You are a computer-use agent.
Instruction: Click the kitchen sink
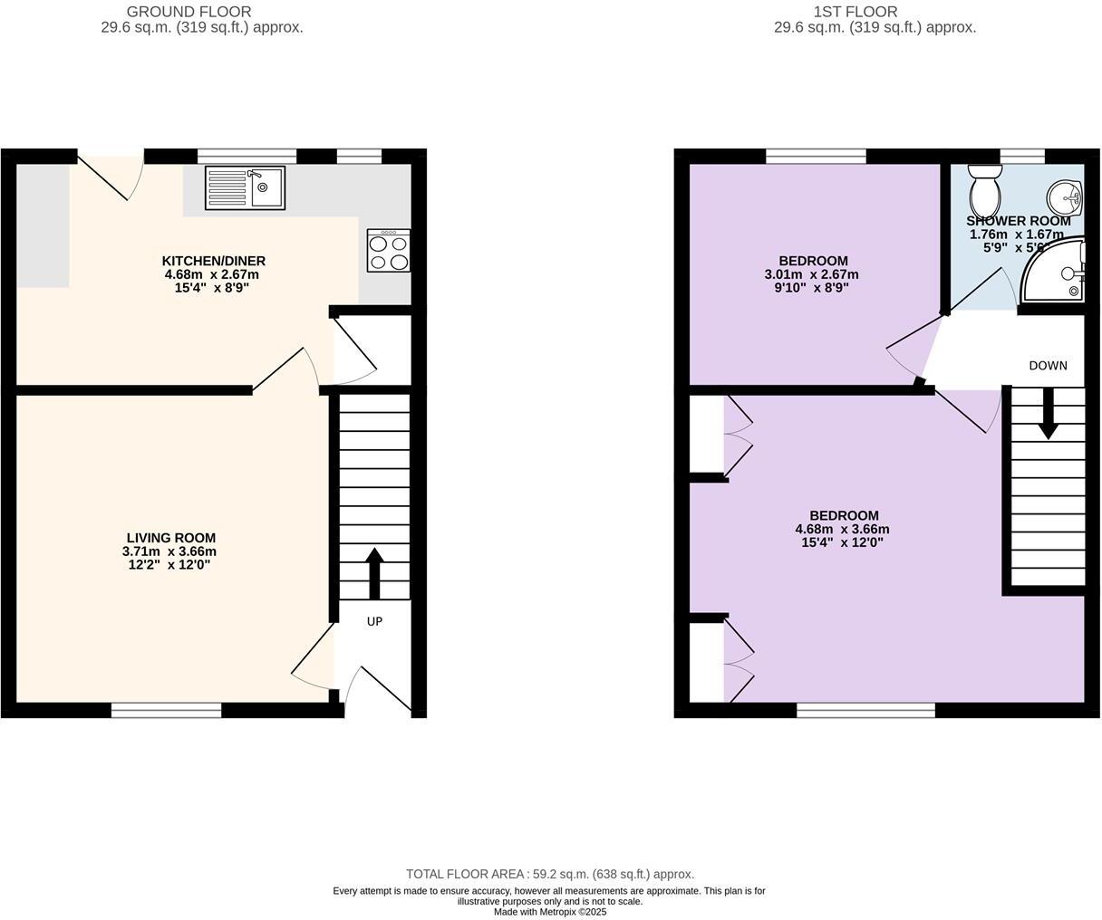click(x=245, y=187)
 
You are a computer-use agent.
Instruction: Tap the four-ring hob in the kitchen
click(x=388, y=251)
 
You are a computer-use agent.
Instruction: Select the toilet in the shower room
click(x=983, y=188)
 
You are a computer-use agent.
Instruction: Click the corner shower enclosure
click(x=1056, y=271)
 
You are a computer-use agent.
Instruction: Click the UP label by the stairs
click(x=374, y=621)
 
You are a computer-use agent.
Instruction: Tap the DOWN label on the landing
click(x=1048, y=366)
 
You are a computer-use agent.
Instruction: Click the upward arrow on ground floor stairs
click(x=373, y=572)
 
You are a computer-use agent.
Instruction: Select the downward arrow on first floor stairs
click(x=1048, y=414)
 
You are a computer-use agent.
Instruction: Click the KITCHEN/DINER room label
click(x=213, y=261)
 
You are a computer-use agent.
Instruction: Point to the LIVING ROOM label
click(x=170, y=538)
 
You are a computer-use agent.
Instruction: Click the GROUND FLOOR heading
click(x=188, y=12)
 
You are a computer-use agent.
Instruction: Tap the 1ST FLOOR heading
click(x=855, y=12)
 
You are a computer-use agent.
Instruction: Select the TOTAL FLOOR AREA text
click(x=550, y=874)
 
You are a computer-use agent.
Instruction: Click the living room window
click(x=166, y=711)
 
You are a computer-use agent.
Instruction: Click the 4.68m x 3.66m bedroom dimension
click(x=842, y=530)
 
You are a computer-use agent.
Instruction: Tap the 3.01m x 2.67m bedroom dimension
click(x=811, y=274)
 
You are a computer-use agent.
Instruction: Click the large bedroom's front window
click(x=865, y=711)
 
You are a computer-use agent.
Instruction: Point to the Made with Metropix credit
click(x=550, y=912)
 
